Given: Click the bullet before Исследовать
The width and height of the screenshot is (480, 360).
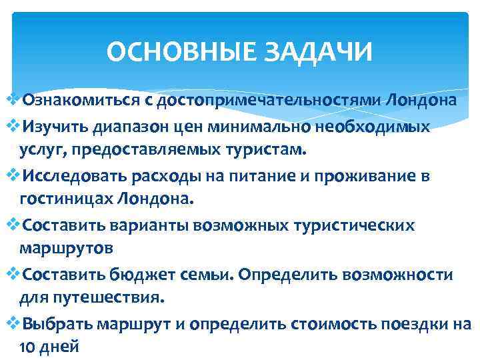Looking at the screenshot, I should click(15, 175).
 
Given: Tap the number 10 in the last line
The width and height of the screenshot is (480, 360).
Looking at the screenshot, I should click(27, 347).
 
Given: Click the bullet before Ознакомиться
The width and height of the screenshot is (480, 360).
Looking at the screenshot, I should click(15, 100).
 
